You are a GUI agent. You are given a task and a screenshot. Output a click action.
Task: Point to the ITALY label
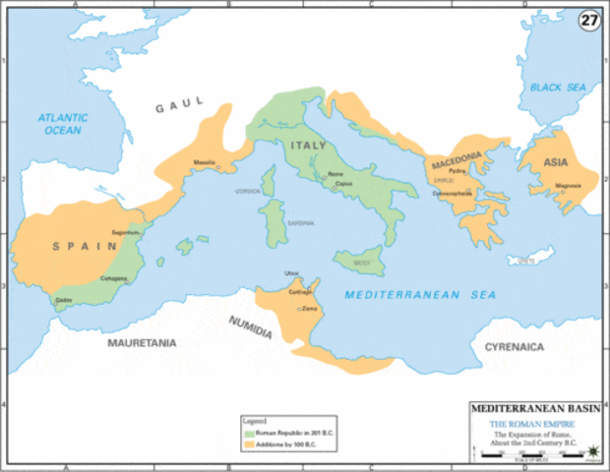[307, 146]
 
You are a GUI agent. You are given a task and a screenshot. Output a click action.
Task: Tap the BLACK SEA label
[558, 88]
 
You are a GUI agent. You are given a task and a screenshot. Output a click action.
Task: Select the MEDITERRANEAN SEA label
[420, 294]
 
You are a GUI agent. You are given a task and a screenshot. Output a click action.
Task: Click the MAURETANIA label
[142, 343]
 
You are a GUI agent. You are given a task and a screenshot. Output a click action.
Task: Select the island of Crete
[531, 261]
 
